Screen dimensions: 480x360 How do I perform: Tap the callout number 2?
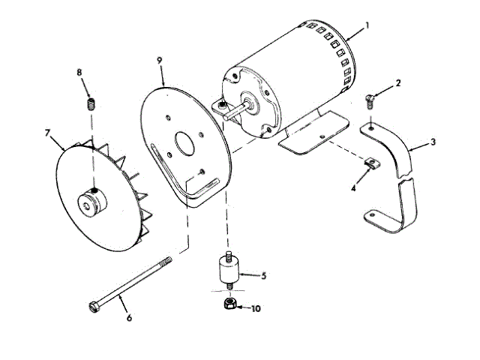(x=398, y=84)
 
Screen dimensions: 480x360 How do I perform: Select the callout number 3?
(x=433, y=140)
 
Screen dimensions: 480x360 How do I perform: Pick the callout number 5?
(x=263, y=276)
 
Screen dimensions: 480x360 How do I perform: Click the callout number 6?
(x=129, y=317)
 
